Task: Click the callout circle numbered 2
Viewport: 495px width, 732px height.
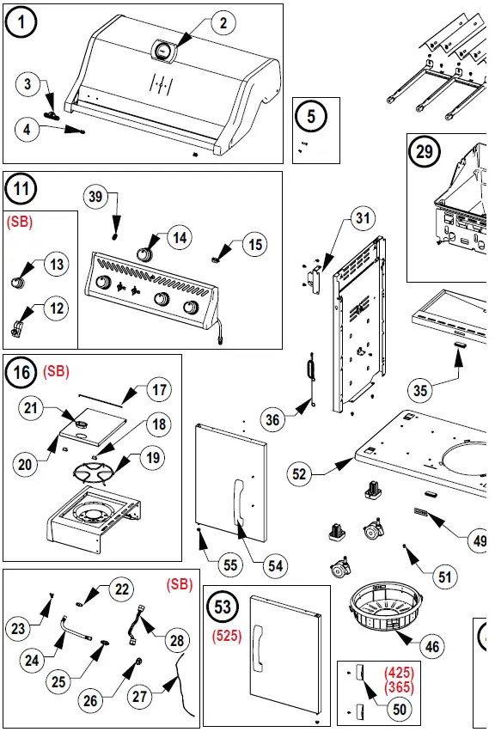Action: [x=223, y=22]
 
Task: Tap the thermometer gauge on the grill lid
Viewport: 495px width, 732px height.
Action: [x=163, y=50]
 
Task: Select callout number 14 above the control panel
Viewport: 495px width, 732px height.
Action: [x=180, y=238]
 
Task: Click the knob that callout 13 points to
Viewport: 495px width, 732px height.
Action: [x=18, y=282]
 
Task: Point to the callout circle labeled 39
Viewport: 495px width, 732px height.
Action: [x=95, y=197]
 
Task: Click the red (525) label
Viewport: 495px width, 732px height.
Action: [x=227, y=636]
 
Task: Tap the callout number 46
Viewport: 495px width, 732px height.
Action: [x=432, y=647]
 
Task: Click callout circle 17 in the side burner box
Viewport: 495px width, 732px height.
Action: [x=159, y=389]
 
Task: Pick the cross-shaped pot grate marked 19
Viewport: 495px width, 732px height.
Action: [x=96, y=473]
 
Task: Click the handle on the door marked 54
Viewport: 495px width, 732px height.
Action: [x=239, y=505]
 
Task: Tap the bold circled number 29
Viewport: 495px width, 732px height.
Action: [x=424, y=152]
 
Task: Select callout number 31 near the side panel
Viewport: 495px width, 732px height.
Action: [x=363, y=218]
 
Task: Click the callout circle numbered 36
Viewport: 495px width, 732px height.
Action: [x=272, y=419]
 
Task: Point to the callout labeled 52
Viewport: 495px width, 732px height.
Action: [x=299, y=474]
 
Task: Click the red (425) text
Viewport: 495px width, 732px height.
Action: [x=400, y=673]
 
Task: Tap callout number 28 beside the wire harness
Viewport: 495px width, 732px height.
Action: [x=177, y=641]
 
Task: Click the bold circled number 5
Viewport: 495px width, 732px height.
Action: [x=311, y=116]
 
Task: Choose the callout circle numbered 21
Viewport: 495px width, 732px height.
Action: [x=31, y=408]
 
